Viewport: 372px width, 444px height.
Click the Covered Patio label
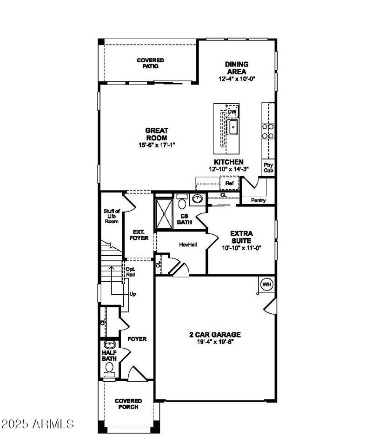(150, 63)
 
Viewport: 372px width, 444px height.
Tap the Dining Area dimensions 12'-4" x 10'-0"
(237, 79)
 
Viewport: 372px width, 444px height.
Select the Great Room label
(157, 134)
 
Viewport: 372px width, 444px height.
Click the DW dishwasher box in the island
(232, 112)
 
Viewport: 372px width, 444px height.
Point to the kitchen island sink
(232, 126)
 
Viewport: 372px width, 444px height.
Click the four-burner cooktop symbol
(267, 131)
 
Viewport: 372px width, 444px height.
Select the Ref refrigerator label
(229, 184)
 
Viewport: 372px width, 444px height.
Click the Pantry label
(258, 200)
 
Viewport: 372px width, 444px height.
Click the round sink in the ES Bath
(198, 199)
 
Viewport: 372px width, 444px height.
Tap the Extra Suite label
(241, 237)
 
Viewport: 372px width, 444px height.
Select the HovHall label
(188, 244)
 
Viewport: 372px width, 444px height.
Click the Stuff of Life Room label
(111, 216)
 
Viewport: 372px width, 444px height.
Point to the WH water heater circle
(266, 284)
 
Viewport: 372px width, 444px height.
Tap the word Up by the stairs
(133, 294)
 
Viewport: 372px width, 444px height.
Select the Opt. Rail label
(130, 272)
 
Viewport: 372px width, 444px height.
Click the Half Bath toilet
(109, 367)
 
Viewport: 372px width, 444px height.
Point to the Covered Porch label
(128, 404)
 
